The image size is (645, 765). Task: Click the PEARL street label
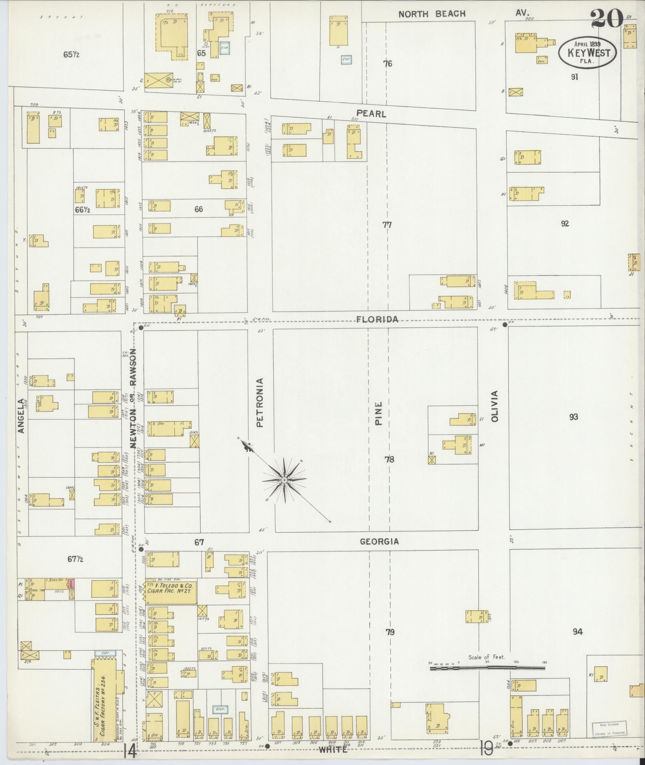click(371, 114)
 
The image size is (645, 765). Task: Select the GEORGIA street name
click(379, 541)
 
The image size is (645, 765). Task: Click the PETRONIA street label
click(260, 403)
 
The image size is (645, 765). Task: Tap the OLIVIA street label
click(495, 406)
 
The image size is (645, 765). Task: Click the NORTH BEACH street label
click(432, 14)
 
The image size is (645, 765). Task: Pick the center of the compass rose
click(284, 480)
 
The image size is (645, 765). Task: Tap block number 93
click(573, 417)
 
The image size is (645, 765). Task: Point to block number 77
click(387, 225)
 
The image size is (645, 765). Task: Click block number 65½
click(71, 54)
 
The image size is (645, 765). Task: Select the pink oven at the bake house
click(72, 583)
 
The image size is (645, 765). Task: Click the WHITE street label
click(333, 750)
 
